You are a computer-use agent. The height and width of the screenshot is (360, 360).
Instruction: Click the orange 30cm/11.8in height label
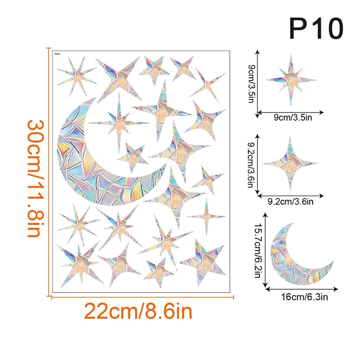click(34, 171)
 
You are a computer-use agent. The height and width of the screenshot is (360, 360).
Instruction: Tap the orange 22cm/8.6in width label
click(138, 311)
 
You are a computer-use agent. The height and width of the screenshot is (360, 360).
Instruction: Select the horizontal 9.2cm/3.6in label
click(291, 202)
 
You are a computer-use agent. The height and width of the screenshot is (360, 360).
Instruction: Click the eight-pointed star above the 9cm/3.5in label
click(290, 80)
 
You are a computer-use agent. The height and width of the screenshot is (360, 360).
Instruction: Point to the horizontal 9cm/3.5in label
click(291, 118)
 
